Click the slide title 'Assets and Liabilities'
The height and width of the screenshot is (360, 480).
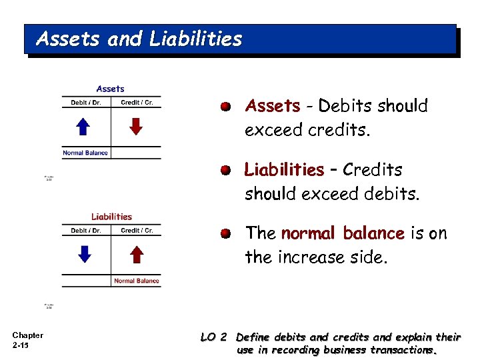click(x=139, y=39)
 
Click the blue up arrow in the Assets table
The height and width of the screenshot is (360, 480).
click(x=83, y=127)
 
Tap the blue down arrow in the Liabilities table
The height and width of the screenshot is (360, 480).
click(x=83, y=254)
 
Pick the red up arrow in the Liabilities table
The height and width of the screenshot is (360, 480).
click(x=136, y=254)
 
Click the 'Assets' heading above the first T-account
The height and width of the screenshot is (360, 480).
click(x=111, y=89)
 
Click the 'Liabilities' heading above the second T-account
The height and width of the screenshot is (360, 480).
click(x=111, y=216)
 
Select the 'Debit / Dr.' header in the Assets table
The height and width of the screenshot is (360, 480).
click(x=86, y=103)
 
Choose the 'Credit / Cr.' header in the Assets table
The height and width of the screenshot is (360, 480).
click(x=137, y=103)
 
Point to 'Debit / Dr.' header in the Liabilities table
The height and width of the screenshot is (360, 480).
click(x=86, y=231)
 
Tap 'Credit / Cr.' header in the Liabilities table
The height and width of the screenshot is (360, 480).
click(x=137, y=231)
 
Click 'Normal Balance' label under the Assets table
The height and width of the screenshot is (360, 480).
click(x=85, y=153)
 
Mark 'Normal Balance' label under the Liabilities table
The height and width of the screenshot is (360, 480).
click(x=137, y=281)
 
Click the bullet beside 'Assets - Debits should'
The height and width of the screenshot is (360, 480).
click(x=227, y=107)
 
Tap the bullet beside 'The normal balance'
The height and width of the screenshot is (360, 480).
click(x=227, y=234)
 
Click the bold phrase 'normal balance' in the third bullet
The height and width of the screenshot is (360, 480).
click(x=342, y=233)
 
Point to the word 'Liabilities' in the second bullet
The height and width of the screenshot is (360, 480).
click(x=284, y=170)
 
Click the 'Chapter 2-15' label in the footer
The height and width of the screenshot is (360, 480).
click(x=27, y=340)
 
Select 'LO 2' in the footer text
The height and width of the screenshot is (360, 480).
click(x=213, y=337)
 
